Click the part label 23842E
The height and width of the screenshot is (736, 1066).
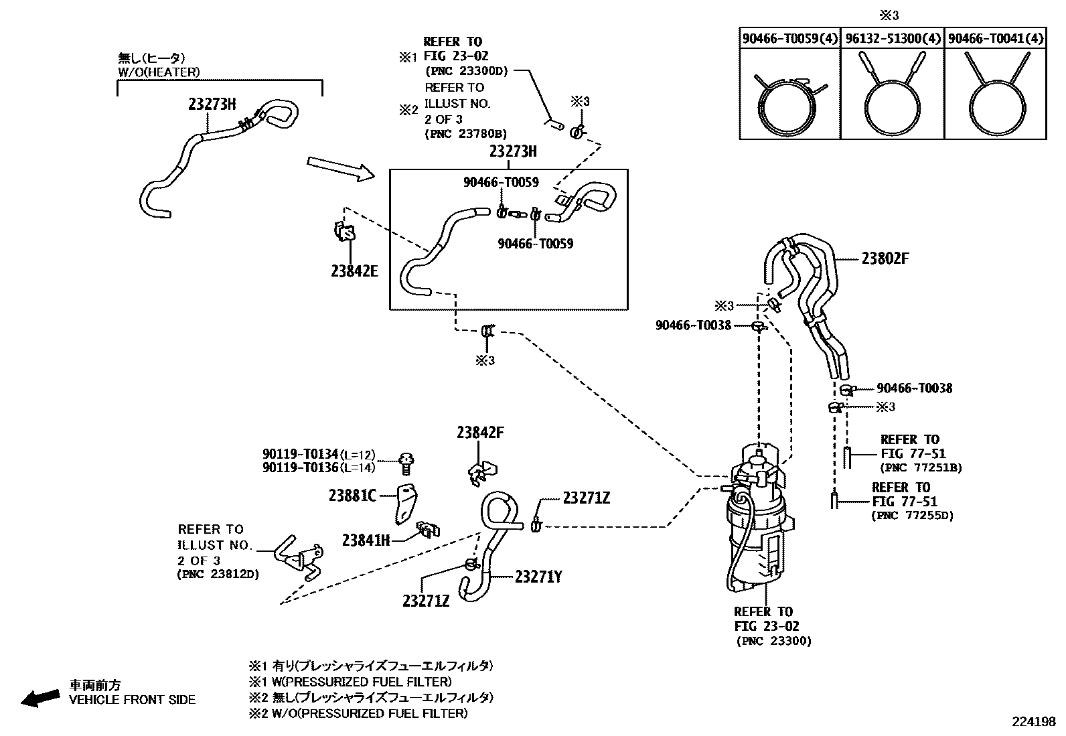[x=354, y=271]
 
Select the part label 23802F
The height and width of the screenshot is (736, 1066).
[x=885, y=259]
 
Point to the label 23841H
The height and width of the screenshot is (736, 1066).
[x=366, y=540]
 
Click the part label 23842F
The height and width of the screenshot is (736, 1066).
[x=480, y=433]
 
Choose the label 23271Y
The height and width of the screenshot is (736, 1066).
[x=538, y=576]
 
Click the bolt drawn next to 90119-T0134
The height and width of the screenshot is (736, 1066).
[x=405, y=462]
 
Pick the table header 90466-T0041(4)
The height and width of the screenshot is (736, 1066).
[x=996, y=38]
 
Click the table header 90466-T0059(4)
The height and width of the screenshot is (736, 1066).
[x=789, y=38]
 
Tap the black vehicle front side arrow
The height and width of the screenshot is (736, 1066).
[x=39, y=698]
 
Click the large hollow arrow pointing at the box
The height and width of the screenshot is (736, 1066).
[x=340, y=169]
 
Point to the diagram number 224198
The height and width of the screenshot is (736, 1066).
[x=1033, y=722]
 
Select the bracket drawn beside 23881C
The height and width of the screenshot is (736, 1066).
[x=404, y=504]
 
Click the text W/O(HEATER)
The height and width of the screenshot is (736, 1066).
[x=159, y=72]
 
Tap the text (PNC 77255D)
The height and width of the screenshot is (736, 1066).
[x=912, y=516]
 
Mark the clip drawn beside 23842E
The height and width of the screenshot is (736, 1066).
[x=344, y=231]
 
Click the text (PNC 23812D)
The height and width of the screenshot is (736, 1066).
[x=218, y=575]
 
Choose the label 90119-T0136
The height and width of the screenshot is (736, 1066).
[x=300, y=467]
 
